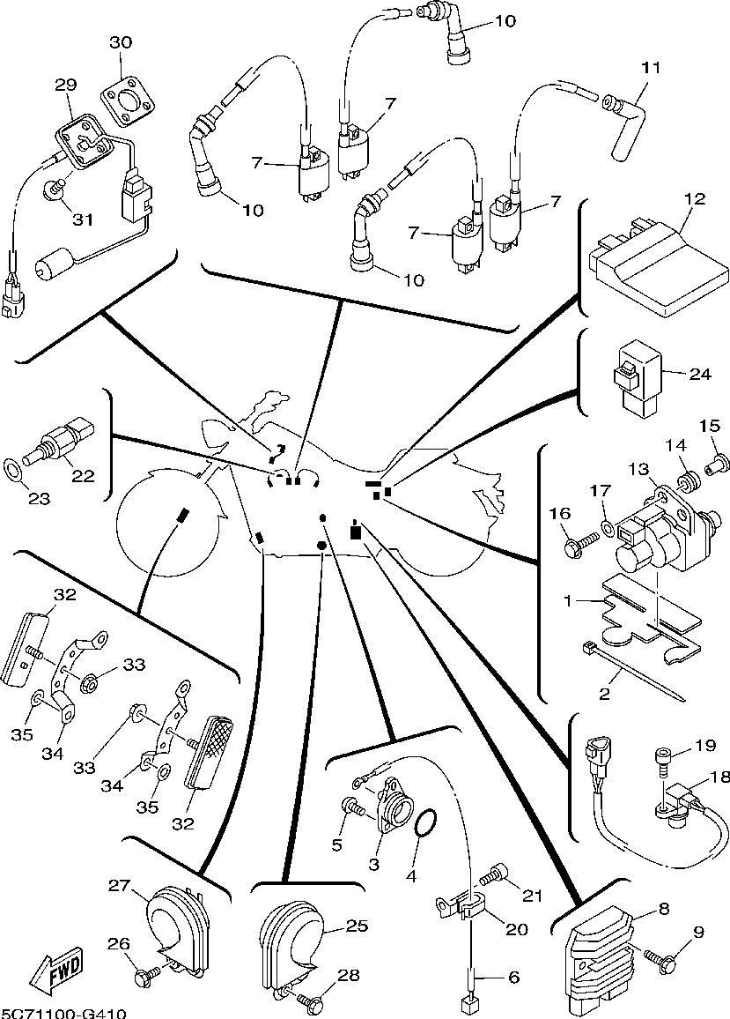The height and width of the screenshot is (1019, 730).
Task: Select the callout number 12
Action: pos(695,199)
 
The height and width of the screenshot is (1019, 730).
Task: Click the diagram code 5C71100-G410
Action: pos(63,1013)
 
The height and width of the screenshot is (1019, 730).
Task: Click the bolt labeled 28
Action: pos(309,1000)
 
